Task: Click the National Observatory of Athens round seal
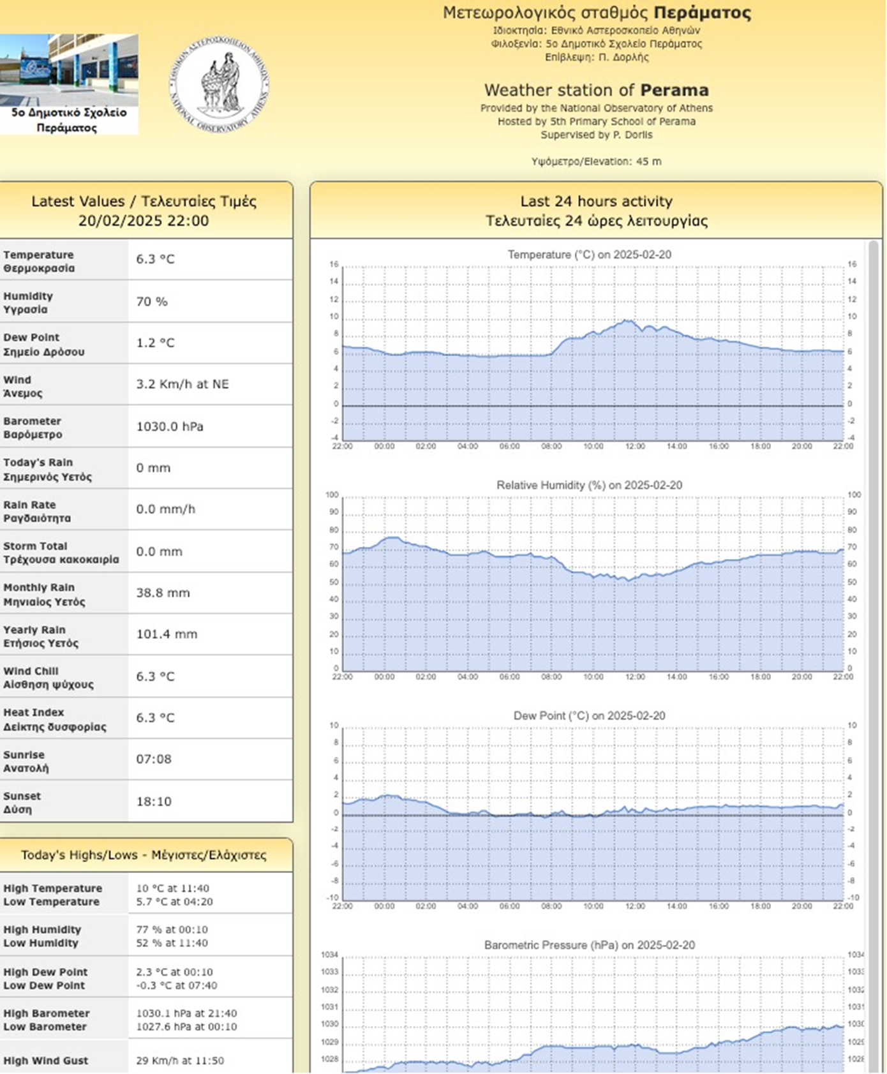point(219,85)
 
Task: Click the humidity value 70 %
point(152,301)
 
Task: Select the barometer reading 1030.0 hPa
point(170,426)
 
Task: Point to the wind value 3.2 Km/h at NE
point(182,384)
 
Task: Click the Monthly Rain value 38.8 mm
point(163,593)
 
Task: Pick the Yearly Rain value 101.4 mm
point(167,634)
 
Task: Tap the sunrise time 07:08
point(154,759)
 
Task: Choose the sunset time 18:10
point(154,802)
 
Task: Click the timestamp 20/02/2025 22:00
point(144,221)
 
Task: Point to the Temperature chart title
point(589,255)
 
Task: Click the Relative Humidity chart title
point(589,485)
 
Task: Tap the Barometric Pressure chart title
point(589,945)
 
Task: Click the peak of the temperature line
point(629,320)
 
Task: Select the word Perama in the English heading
point(675,90)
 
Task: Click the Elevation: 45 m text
point(596,161)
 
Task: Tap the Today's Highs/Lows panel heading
point(144,855)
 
